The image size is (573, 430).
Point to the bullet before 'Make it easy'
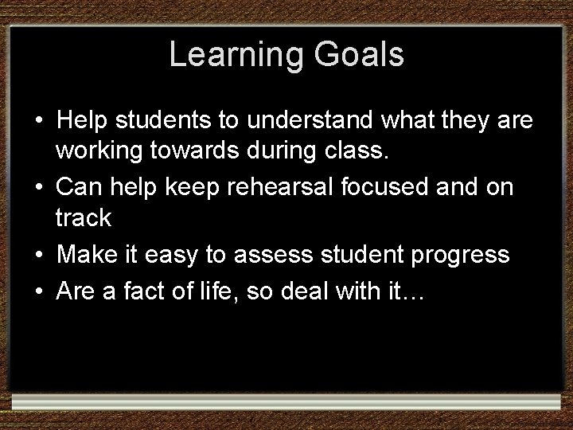pos(38,254)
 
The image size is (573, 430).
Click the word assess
pos(259,255)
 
